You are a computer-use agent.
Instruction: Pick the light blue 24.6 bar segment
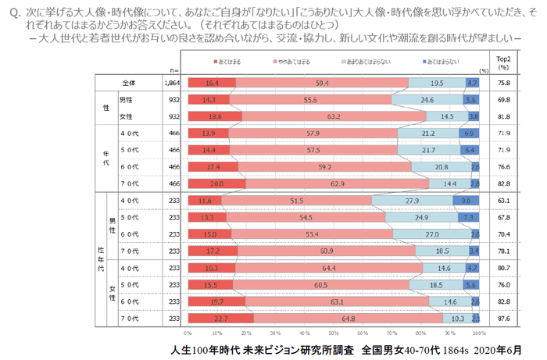pos(427,100)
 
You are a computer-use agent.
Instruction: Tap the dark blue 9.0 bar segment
pos(466,201)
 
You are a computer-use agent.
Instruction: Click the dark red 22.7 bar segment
pos(220,318)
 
